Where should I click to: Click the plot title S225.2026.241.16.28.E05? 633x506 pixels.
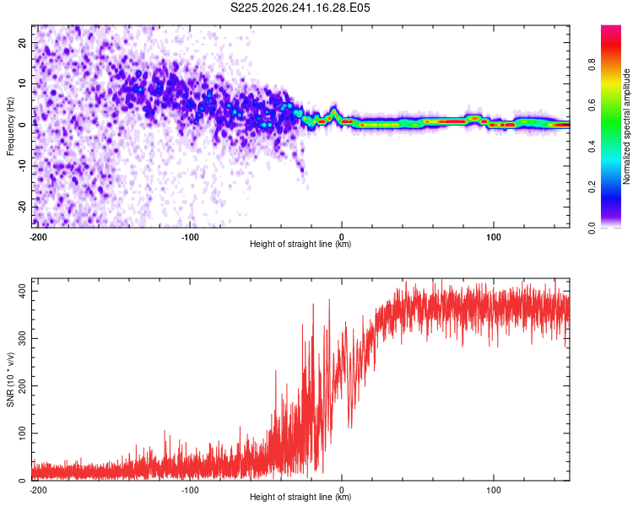coord(300,8)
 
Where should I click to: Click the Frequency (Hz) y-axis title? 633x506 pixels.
coord(10,126)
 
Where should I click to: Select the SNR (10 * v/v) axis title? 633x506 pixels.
coord(10,379)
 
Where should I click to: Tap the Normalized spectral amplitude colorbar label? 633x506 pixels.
coord(626,126)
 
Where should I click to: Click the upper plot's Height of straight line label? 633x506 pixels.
coord(300,244)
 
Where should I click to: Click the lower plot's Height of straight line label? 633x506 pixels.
coord(300,497)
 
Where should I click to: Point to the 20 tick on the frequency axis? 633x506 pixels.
coord(22,42)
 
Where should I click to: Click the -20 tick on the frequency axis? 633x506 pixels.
coord(22,207)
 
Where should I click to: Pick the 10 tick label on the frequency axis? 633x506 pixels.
coord(22,83)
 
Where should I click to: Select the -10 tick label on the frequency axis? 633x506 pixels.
coord(22,166)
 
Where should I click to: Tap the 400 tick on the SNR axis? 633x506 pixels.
coord(22,291)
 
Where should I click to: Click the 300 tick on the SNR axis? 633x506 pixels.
coord(22,338)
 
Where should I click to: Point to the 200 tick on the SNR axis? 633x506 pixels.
coord(22,385)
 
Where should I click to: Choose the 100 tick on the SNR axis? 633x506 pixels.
coord(22,433)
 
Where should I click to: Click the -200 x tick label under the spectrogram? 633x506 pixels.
coord(38,237)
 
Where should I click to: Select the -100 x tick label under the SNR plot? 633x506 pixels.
coord(190,490)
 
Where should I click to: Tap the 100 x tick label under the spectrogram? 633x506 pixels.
coord(494,237)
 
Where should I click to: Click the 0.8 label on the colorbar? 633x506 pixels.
coord(592,65)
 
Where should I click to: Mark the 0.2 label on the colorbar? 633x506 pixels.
coord(592,187)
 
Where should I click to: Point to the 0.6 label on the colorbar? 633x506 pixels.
coord(592,105)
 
